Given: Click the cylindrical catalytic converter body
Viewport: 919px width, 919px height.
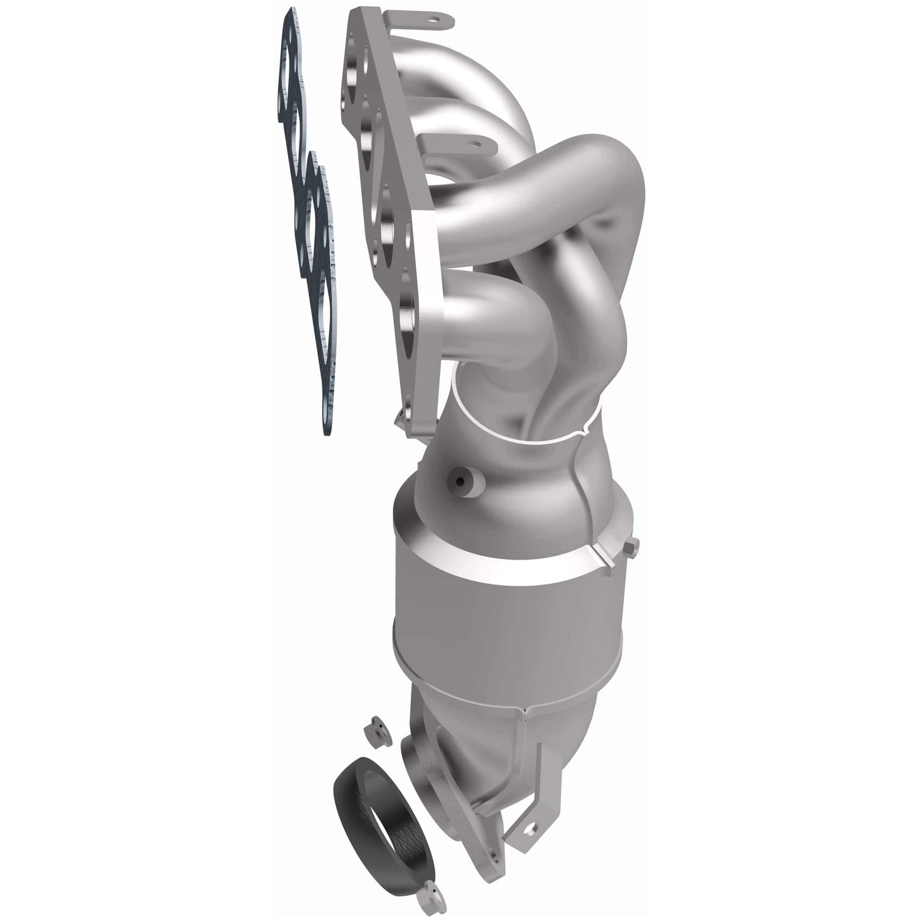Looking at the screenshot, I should [483, 611].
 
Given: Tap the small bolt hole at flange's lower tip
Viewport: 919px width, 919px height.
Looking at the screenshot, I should [398, 417].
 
